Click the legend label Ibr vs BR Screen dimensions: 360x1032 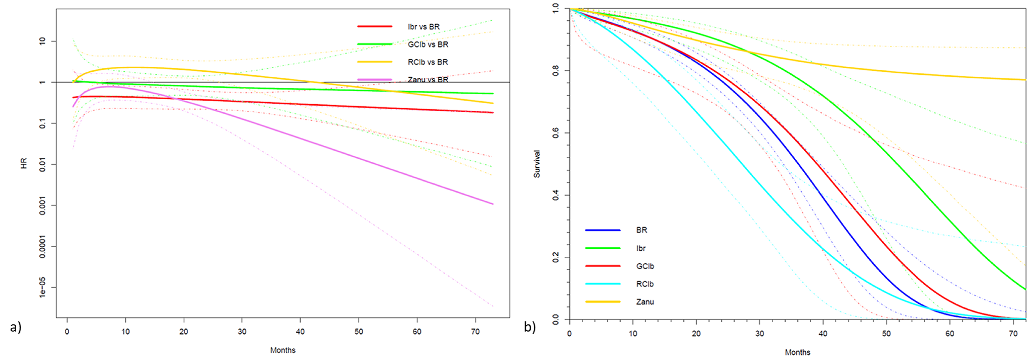pos(423,27)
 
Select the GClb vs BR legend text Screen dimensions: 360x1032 pos(427,44)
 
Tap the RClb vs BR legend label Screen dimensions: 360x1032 pos(427,62)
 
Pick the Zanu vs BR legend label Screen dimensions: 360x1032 pos(427,80)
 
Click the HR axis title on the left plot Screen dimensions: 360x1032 pos(24,163)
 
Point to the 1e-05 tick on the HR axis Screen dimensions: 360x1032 pos(42,287)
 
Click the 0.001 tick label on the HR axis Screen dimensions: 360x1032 pos(42,205)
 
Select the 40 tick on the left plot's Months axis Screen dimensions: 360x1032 pos(300,332)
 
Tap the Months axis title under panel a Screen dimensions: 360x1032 pos(282,350)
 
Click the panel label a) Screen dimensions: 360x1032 pos(15,327)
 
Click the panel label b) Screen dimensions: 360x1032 pos(530,327)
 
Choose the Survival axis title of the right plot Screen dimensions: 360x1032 pos(537,163)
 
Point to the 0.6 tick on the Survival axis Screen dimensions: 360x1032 pos(555,133)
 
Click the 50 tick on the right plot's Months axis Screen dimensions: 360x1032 pos(886,334)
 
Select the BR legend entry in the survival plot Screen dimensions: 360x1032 pos(641,230)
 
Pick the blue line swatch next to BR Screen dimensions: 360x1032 pos(603,230)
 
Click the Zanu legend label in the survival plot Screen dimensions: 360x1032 pos(645,302)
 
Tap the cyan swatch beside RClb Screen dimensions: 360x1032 pos(603,284)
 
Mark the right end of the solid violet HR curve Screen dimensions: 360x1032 pos(493,204)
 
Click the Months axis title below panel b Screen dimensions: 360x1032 pos(797,352)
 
